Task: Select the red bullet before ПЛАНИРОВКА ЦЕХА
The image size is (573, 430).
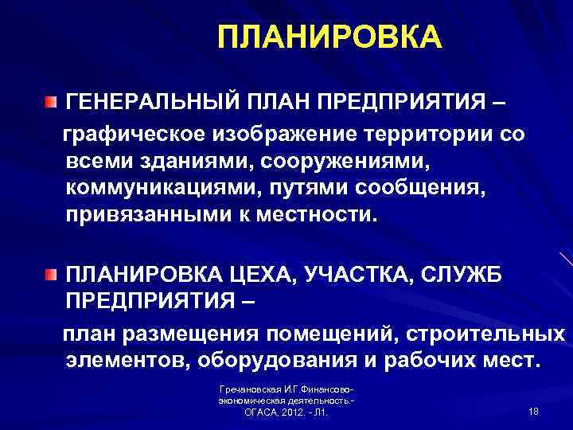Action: point(52,275)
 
